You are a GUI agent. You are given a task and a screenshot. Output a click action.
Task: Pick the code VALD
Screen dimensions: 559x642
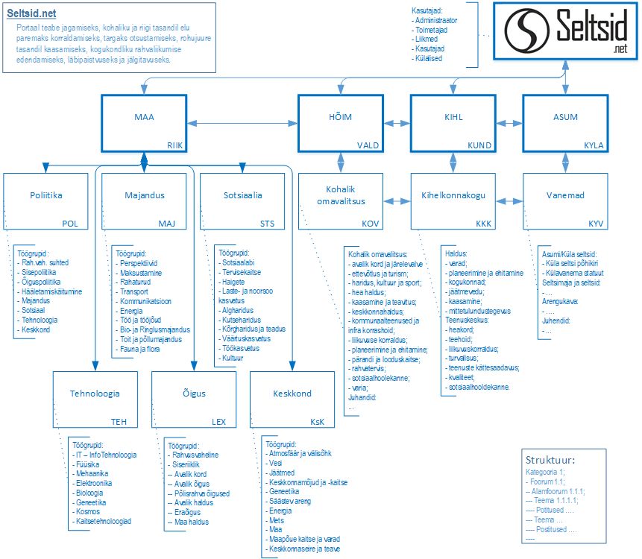(369, 145)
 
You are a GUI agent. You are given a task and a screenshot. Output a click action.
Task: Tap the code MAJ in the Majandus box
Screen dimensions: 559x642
(166, 223)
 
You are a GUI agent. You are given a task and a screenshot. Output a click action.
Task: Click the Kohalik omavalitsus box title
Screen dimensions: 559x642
(340, 196)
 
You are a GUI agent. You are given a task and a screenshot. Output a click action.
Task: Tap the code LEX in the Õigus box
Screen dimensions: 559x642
(218, 421)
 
